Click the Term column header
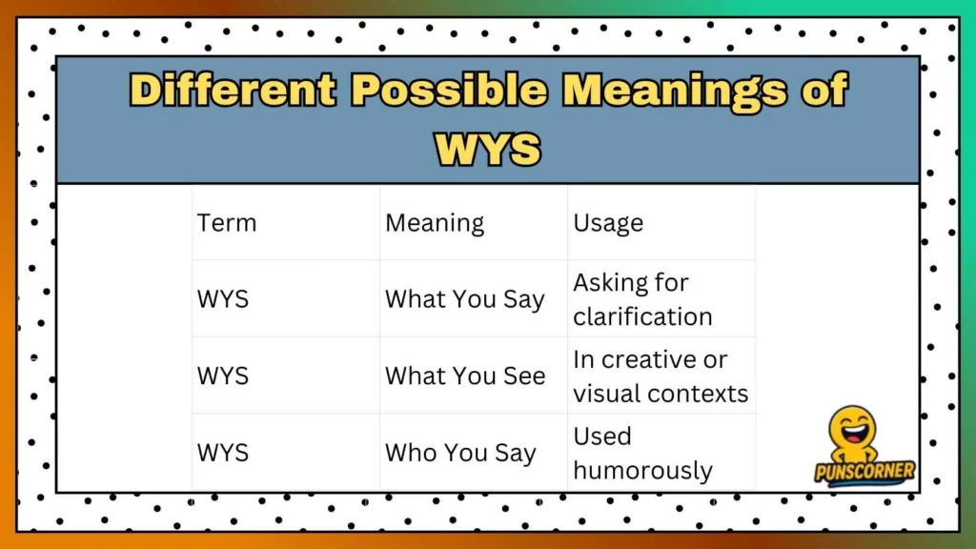227,223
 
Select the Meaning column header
435,223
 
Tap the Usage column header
608,223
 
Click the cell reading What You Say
464,299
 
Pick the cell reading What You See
465,376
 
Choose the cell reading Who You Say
460,453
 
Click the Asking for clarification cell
642,299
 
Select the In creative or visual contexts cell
661,376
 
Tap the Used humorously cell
642,453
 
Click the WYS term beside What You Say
223,299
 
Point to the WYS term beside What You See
223,376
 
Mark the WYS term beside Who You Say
223,453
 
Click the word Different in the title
233,91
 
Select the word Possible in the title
448,91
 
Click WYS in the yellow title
488,149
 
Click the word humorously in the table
642,470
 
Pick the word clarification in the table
642,316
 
